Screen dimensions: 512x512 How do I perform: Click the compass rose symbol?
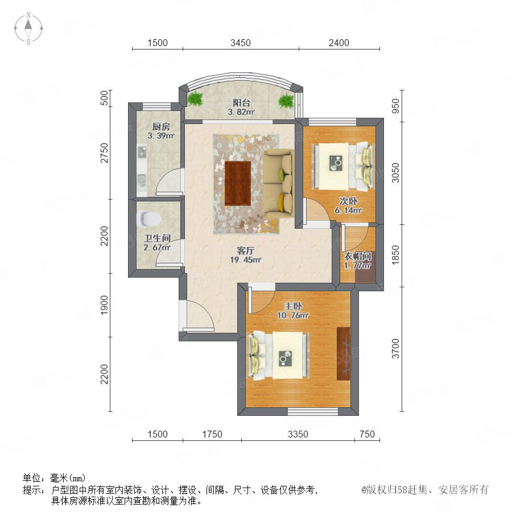coord(28,28)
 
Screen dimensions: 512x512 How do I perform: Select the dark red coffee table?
coord(238,183)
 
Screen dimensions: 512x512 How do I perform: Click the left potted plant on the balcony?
coord(195,98)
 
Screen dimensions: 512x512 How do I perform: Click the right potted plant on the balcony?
coord(286,100)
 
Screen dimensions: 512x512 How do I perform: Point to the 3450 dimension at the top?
coord(241,43)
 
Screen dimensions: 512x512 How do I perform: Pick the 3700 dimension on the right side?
coord(395,349)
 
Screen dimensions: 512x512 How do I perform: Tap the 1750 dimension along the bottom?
coord(212,434)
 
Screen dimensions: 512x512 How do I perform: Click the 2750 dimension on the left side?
coord(104,153)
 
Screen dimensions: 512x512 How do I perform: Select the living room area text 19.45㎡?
coord(246,260)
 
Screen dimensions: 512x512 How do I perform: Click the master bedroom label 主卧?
coord(293,306)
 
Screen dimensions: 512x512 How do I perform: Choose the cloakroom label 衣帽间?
coord(357,257)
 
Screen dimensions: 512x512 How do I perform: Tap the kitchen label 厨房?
coord(161,126)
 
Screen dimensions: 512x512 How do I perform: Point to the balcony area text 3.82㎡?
coord(241,112)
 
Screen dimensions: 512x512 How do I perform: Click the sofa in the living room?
coord(279,183)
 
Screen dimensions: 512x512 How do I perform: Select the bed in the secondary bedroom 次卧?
coord(343,167)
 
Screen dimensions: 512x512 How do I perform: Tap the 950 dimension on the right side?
coord(395,106)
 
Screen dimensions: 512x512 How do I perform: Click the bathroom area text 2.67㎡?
coord(157,247)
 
